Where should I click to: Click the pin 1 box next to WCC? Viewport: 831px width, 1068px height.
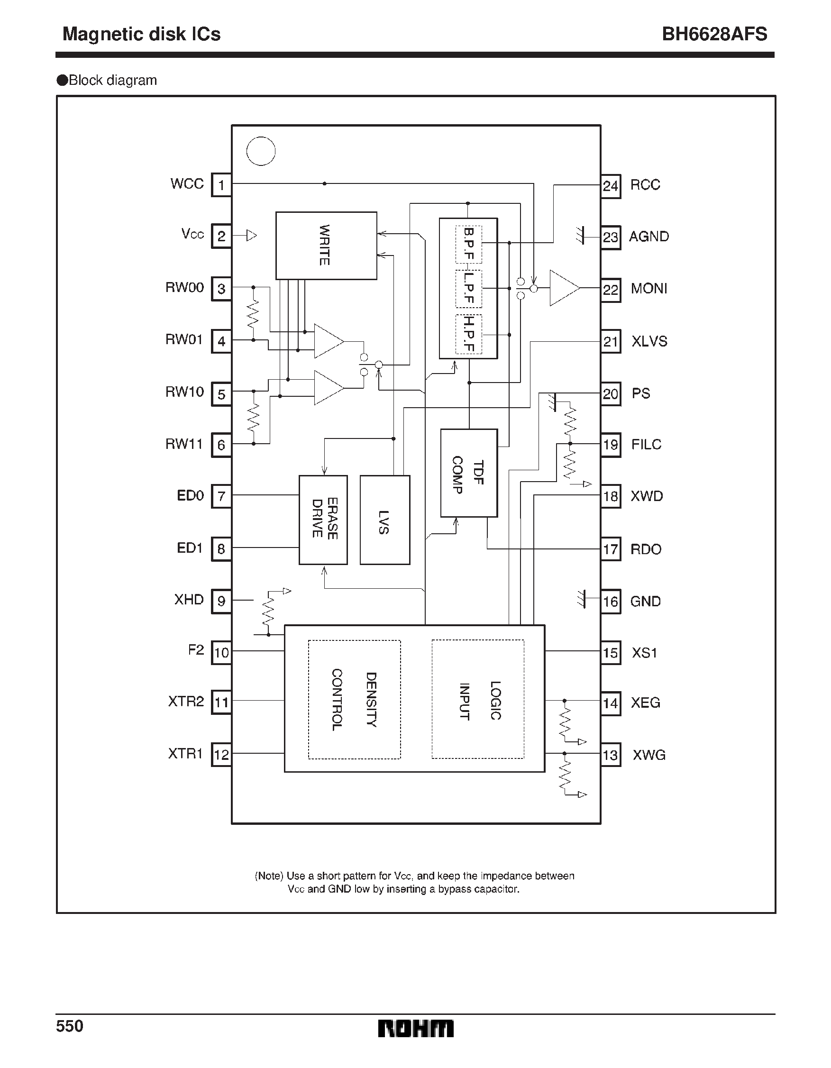tap(221, 185)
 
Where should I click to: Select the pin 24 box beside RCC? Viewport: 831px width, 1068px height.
tap(611, 186)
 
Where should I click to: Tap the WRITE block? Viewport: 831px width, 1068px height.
tap(326, 246)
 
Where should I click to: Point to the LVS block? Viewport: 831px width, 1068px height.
tap(384, 520)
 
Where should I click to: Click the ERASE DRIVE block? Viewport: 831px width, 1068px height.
tap(323, 520)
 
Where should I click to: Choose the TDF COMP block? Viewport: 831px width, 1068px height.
tap(468, 473)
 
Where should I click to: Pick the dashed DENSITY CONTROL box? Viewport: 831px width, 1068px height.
tap(354, 699)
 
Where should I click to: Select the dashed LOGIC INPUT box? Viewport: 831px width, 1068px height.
tap(477, 699)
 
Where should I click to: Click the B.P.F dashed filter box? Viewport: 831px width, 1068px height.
tap(468, 244)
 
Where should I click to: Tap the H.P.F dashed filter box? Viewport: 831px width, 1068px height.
tap(468, 334)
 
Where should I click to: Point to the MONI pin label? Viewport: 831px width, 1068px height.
tap(648, 289)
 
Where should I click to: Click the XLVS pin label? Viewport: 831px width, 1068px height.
tap(649, 341)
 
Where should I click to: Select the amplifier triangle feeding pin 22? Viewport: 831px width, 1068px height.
tap(563, 288)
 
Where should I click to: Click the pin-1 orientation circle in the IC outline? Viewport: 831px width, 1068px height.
tap(261, 151)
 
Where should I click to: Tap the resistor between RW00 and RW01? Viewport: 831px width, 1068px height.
tap(253, 314)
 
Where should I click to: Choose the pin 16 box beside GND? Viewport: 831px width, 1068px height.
tap(611, 601)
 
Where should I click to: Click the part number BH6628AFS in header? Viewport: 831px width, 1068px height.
tap(714, 34)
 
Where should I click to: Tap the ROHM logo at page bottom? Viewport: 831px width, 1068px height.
tap(415, 1028)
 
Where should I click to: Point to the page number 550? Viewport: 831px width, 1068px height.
tap(70, 1026)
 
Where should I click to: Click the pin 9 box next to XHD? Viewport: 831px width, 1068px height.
tap(221, 601)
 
